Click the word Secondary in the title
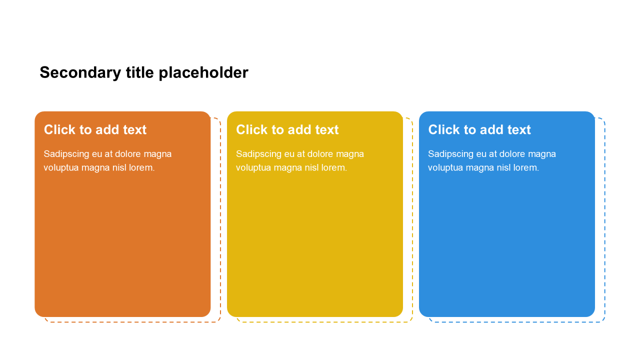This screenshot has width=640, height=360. point(80,73)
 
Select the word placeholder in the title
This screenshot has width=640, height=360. point(203,73)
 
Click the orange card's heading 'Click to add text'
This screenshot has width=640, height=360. point(95,129)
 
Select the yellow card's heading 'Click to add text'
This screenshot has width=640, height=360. point(287,129)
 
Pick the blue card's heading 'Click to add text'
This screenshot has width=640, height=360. point(479,129)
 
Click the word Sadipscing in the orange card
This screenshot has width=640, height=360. point(66,154)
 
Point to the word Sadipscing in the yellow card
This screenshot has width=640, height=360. point(258,154)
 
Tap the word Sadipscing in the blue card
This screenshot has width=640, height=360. point(450,154)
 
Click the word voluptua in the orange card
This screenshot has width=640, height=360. point(61,167)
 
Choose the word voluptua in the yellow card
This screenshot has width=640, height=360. point(253,167)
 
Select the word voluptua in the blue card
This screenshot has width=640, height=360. point(445,167)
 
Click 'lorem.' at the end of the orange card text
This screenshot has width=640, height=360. point(141,167)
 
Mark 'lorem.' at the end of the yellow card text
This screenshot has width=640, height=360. point(334,167)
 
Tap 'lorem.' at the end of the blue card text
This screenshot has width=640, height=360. point(526,167)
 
